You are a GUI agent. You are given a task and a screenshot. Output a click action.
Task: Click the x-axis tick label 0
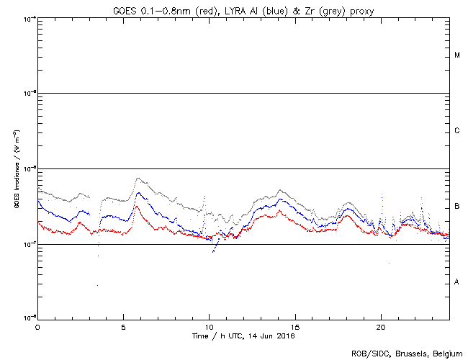tap(37, 326)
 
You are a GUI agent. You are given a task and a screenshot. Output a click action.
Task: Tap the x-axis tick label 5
tap(123, 326)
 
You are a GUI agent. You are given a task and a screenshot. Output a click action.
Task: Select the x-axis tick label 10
tap(209, 326)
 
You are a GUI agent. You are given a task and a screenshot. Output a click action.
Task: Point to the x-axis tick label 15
tap(294, 326)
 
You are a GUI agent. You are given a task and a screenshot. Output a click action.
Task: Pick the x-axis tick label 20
tap(380, 326)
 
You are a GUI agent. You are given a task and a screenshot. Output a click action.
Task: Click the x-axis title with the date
tap(244, 336)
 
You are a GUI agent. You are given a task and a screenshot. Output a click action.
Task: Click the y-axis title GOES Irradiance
tap(16, 169)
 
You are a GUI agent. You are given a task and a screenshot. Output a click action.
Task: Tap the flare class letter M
tap(457, 55)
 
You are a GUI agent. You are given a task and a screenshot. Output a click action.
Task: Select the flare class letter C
tap(457, 131)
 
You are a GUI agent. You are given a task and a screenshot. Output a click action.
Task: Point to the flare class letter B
tap(457, 207)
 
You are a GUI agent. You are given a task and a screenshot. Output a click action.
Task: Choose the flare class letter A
tap(457, 282)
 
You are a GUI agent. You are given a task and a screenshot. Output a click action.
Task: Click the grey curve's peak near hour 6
tap(138, 179)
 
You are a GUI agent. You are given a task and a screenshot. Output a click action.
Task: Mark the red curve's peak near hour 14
tap(278, 211)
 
